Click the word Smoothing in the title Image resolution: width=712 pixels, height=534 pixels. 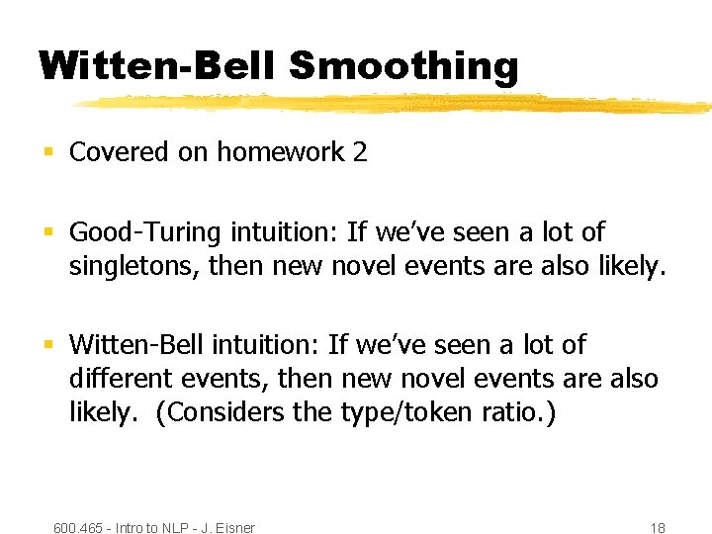click(x=403, y=67)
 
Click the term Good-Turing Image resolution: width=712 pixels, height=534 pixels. click(x=145, y=232)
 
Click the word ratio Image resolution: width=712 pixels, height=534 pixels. click(x=521, y=411)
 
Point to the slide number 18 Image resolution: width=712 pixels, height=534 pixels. click(x=658, y=528)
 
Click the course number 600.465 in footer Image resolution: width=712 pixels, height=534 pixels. click(x=78, y=528)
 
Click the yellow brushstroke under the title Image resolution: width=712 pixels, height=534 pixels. click(x=396, y=103)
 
